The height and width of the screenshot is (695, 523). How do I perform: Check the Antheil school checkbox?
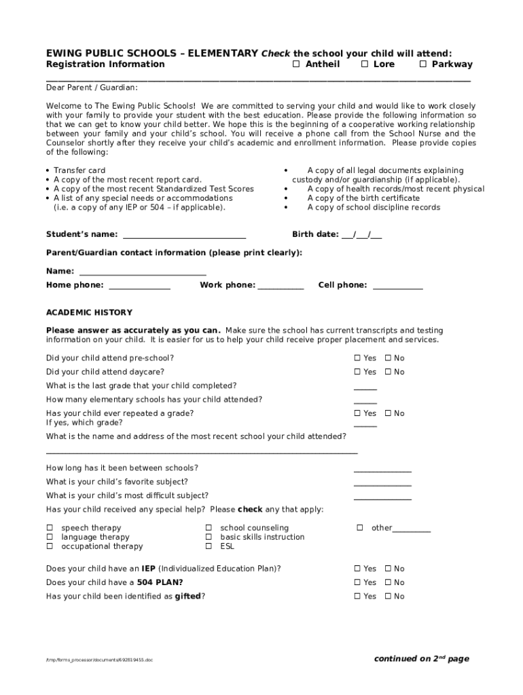[x=295, y=64]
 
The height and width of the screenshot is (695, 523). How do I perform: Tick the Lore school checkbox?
[x=364, y=64]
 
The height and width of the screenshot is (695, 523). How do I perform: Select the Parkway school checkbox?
[x=422, y=64]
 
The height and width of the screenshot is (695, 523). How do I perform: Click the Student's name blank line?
[x=183, y=236]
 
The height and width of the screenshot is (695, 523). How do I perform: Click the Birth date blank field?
[x=362, y=236]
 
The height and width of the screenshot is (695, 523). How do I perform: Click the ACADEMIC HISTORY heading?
[x=89, y=313]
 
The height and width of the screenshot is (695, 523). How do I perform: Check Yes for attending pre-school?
[x=357, y=358]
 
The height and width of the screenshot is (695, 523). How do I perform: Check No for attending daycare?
[x=388, y=372]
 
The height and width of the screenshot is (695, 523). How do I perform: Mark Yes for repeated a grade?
[x=357, y=413]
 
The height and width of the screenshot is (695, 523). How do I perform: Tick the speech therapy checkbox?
[x=50, y=528]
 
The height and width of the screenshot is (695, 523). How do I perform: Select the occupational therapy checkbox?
[x=50, y=546]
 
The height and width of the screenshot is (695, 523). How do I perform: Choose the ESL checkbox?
[x=209, y=546]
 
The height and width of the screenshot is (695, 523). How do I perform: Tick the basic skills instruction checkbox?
[x=209, y=538]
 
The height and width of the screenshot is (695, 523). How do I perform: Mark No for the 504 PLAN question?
[x=388, y=583]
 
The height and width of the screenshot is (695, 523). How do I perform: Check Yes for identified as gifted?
[x=357, y=597]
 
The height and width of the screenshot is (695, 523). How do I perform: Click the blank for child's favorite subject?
[x=382, y=483]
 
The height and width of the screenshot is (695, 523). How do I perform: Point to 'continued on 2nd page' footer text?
[x=421, y=659]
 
